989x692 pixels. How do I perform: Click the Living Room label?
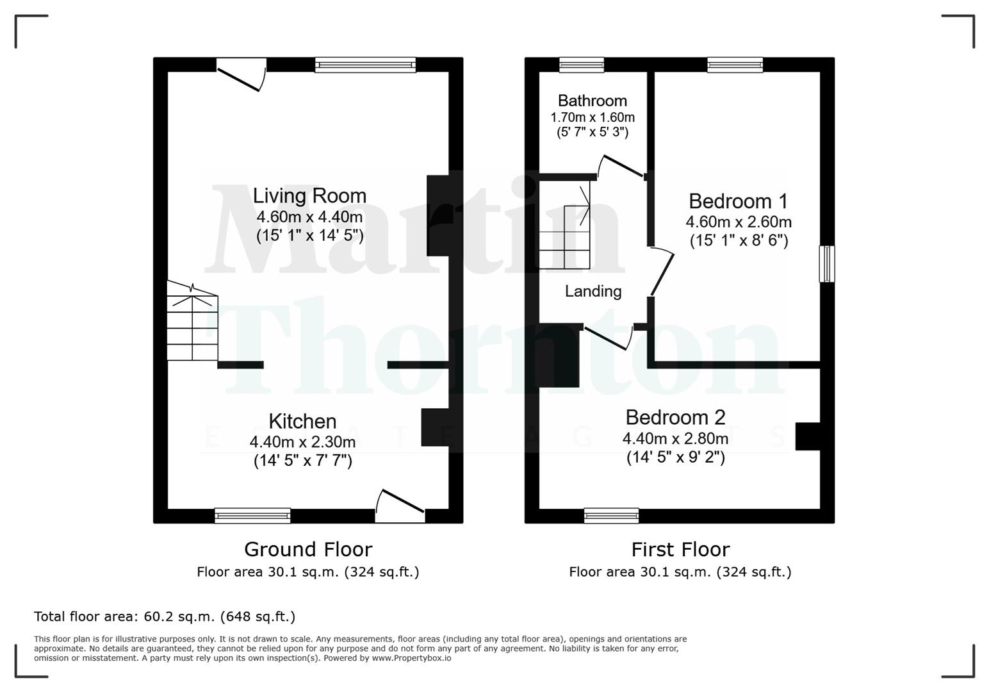[x=309, y=195]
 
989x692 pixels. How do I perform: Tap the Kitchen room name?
[x=302, y=421]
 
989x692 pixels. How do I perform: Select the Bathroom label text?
[x=592, y=101]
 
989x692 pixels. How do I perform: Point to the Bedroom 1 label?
[x=738, y=201]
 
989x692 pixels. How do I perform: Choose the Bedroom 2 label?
[x=675, y=417]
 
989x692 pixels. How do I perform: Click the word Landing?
[x=593, y=292]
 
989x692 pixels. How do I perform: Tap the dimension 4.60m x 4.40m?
[x=309, y=217]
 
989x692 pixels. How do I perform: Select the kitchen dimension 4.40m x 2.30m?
[x=302, y=441]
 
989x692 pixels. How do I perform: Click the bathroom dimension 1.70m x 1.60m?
[x=593, y=117]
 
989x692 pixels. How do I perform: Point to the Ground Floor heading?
[x=308, y=549]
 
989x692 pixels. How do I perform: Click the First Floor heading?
[x=680, y=549]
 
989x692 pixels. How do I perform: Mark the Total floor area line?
[x=165, y=616]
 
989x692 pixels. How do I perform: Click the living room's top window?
[x=365, y=64]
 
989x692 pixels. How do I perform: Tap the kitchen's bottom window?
[x=252, y=515]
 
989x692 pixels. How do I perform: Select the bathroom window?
[x=582, y=64]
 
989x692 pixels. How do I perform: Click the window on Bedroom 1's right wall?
[x=828, y=263]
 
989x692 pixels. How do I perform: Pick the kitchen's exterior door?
[x=400, y=506]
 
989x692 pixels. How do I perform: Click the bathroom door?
[x=619, y=167]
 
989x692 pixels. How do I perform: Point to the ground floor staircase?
[x=192, y=327]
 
